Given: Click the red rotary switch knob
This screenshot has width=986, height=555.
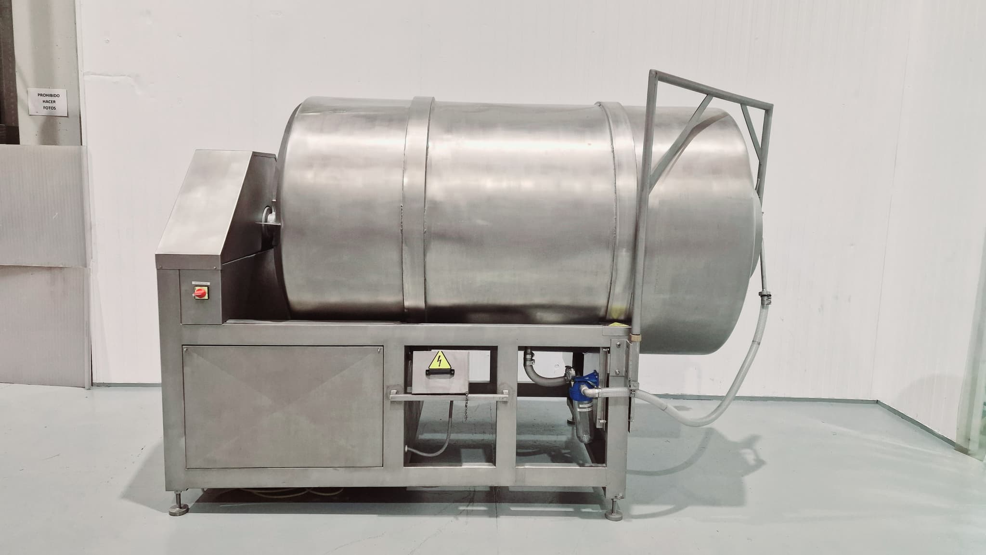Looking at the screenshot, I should click(198, 293).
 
